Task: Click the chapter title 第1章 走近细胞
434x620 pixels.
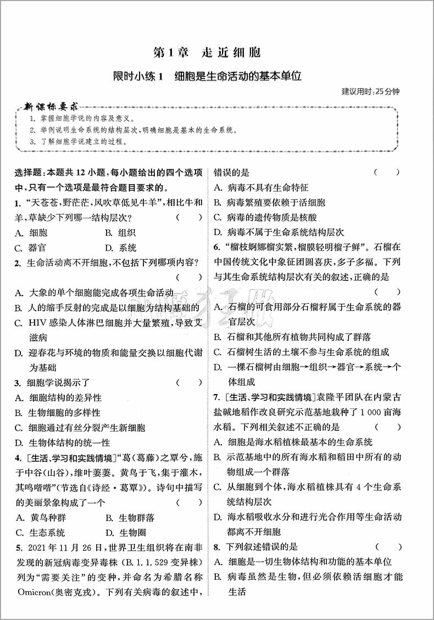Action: click(207, 53)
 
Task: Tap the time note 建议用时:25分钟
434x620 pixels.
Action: click(370, 91)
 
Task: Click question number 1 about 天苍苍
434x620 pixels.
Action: click(18, 203)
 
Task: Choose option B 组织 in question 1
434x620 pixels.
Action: click(120, 232)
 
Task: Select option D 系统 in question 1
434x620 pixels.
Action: click(120, 248)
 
